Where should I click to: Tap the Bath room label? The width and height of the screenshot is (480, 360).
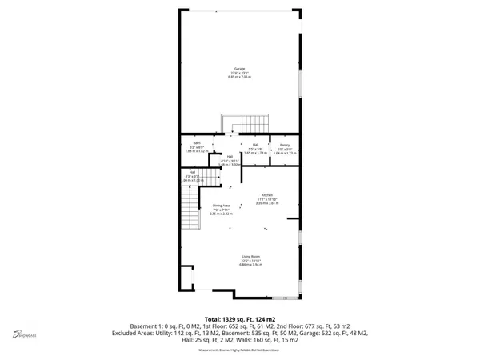pos(196,145)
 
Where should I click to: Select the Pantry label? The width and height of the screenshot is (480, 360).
pos(284,145)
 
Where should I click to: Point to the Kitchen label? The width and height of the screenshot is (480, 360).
pos(266,195)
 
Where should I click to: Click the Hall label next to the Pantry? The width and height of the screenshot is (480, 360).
pos(255,145)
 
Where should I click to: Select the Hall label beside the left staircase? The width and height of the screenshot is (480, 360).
pos(193,171)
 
